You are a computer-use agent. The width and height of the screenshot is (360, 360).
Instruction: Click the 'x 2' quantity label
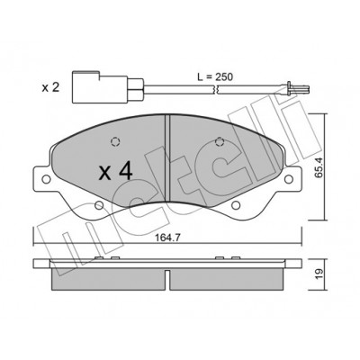[50, 88]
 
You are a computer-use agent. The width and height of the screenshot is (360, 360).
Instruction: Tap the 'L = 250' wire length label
[215, 76]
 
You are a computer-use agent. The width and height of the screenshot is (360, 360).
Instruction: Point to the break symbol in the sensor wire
[216, 89]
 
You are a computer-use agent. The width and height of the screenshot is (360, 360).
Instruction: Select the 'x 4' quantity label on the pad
[116, 172]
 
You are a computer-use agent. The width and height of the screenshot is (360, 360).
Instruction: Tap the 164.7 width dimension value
[167, 238]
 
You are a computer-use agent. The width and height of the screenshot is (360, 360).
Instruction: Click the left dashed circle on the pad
[115, 141]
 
